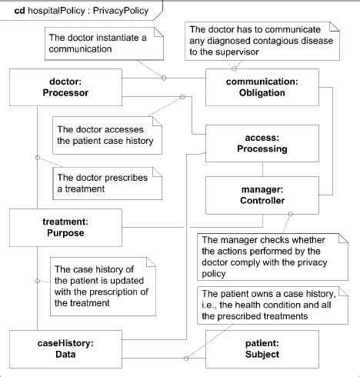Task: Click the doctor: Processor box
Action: (x=67, y=87)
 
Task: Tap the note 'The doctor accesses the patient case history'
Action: (x=105, y=135)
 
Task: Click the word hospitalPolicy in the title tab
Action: (x=54, y=10)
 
